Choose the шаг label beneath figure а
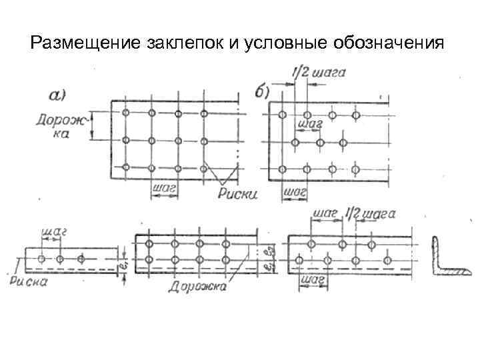click(x=163, y=189)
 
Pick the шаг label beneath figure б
click(x=295, y=192)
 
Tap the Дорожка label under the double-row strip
click(x=197, y=287)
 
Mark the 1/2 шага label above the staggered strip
click(x=371, y=214)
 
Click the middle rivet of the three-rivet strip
click(x=60, y=258)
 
